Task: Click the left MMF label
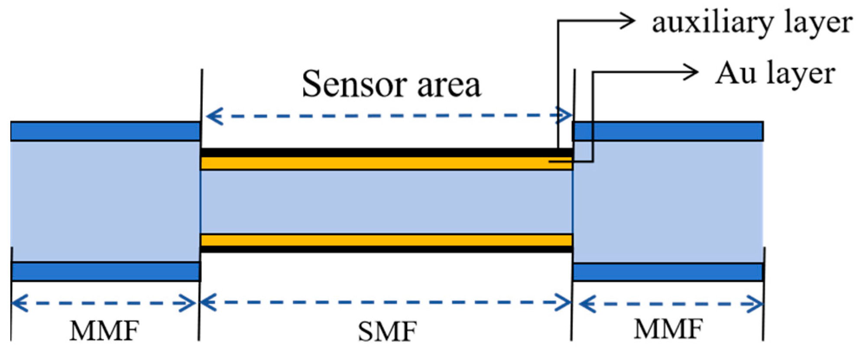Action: click(x=104, y=331)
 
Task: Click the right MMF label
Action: click(x=668, y=329)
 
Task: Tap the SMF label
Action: click(x=387, y=332)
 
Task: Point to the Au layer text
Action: click(x=775, y=74)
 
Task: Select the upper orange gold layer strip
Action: click(x=386, y=164)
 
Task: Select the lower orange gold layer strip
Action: click(x=386, y=240)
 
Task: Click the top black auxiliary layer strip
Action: click(x=386, y=152)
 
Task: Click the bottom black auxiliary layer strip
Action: click(x=386, y=250)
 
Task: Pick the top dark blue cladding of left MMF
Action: click(x=105, y=132)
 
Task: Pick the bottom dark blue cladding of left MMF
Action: click(x=105, y=272)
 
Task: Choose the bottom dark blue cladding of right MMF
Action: click(x=667, y=272)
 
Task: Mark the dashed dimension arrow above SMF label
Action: click(x=386, y=302)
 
